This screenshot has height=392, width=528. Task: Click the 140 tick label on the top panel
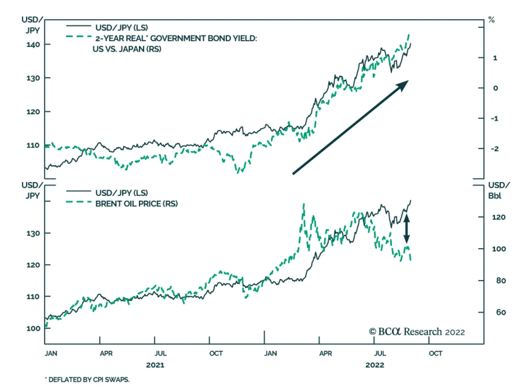tap(33, 45)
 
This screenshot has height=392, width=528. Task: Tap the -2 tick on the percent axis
tap(494, 149)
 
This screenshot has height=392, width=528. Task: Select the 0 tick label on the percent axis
tap(495, 88)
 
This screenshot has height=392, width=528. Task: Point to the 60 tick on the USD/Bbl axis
tap(501, 312)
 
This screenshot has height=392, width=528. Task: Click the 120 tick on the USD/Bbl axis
tap(498, 217)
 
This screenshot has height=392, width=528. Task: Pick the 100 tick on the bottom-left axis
tap(33, 329)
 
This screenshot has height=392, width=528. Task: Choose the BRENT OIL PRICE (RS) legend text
tap(136, 204)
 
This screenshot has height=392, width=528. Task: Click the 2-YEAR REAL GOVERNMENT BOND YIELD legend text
tap(176, 39)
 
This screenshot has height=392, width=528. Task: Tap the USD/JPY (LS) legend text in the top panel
tap(121, 28)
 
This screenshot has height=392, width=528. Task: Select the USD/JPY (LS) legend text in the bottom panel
tap(121, 193)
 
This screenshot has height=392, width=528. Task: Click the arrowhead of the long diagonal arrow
tap(403, 85)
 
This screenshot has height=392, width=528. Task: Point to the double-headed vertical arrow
tap(407, 229)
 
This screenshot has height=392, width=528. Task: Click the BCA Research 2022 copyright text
tap(417, 332)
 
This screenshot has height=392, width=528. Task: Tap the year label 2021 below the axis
tap(155, 365)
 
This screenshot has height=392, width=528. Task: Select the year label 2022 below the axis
tap(375, 365)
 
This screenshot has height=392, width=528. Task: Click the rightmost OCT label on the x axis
tap(435, 354)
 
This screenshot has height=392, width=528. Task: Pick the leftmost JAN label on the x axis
tap(51, 354)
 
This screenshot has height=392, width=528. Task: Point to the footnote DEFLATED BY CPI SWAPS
tap(87, 380)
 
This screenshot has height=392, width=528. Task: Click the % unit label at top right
tap(491, 20)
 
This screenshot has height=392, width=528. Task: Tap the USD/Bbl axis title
tap(498, 190)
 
